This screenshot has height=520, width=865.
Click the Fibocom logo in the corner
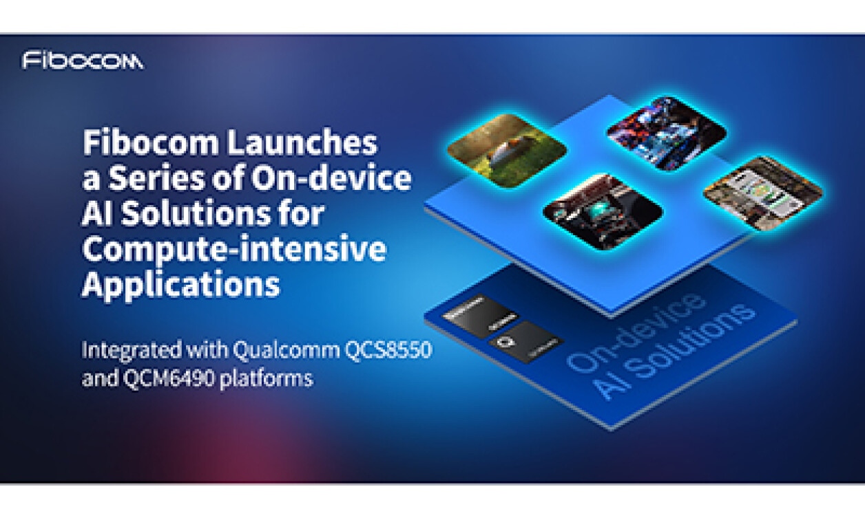[83, 61]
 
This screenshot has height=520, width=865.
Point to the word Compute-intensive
[233, 249]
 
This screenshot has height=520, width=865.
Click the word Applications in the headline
[180, 284]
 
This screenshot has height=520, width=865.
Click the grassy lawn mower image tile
[506, 150]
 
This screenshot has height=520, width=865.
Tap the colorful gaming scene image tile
[666, 133]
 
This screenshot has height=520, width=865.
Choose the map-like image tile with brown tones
[762, 193]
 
